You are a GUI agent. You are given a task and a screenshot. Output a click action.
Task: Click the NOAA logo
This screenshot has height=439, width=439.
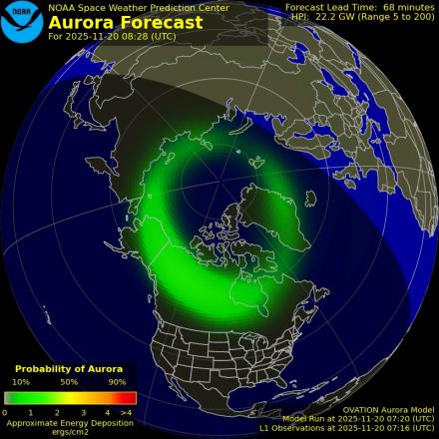[x=22, y=23]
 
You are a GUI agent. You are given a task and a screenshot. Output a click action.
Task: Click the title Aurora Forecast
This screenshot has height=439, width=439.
[x=125, y=23]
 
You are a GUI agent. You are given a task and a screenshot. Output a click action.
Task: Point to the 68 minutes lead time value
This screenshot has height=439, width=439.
[x=405, y=7]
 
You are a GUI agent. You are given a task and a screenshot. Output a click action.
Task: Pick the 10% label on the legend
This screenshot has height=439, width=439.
[x=21, y=382]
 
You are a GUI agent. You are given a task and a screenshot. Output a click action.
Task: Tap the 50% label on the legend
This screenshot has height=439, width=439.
[x=69, y=382]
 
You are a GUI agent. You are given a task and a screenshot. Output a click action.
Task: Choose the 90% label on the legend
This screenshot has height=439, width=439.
[x=117, y=382]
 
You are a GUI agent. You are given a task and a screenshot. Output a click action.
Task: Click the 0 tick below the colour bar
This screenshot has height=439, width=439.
[x=5, y=412]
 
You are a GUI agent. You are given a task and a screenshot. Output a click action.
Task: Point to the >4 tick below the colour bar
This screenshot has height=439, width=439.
[x=126, y=412]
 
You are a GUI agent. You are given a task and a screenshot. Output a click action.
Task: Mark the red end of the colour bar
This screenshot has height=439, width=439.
[x=129, y=398]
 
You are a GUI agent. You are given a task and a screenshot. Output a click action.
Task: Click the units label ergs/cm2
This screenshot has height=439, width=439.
[x=69, y=431]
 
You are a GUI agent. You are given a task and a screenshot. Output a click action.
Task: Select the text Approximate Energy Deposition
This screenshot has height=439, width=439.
[x=69, y=422]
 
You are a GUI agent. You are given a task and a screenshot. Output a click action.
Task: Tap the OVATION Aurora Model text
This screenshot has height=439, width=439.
[x=388, y=409]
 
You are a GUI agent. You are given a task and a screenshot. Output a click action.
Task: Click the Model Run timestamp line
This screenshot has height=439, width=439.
[x=358, y=419]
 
